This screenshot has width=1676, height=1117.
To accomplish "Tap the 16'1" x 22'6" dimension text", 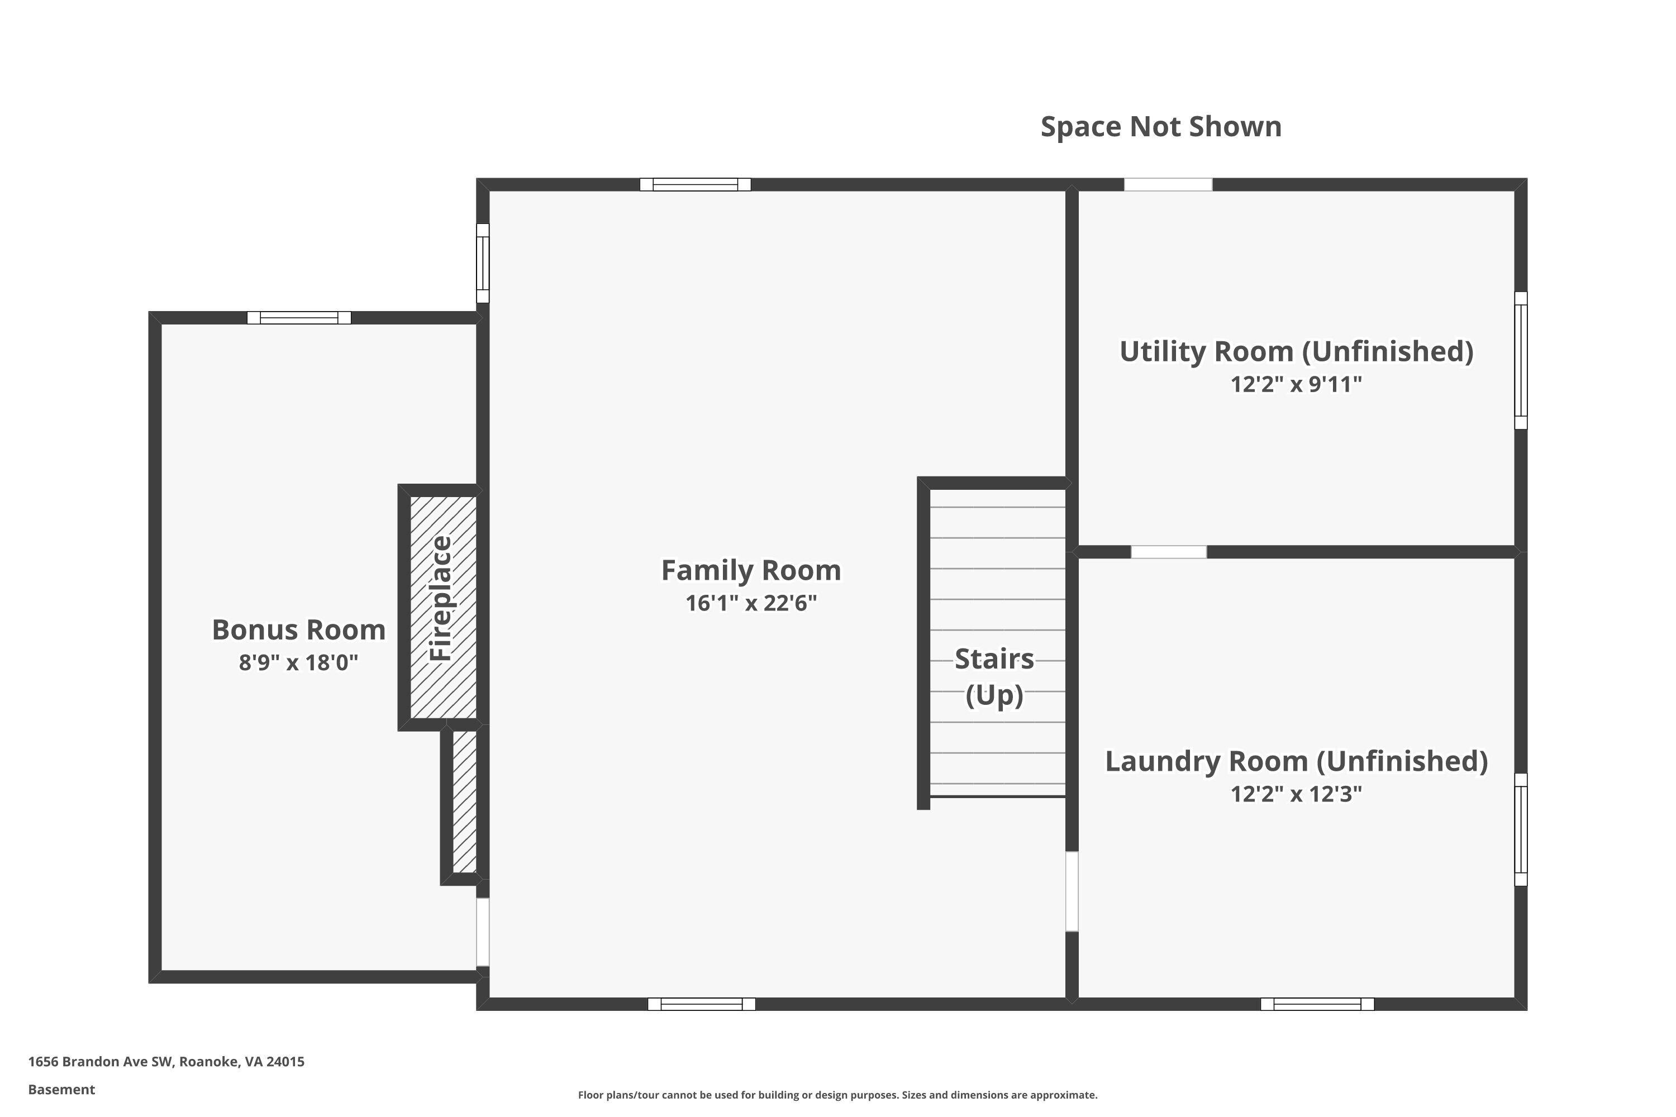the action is (751, 603).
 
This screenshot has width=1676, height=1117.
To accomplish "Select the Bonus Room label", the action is (298, 630).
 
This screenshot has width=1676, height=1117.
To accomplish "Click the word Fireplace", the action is (441, 598).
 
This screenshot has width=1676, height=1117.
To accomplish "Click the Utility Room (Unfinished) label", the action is (1296, 351).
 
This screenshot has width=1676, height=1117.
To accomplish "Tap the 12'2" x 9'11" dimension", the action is (1296, 385).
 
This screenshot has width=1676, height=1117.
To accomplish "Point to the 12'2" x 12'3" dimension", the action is (1296, 794).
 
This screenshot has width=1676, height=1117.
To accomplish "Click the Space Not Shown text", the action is (1161, 127).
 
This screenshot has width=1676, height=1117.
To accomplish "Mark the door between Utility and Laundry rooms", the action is (1169, 552).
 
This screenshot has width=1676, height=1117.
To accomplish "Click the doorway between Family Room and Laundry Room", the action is (1072, 891).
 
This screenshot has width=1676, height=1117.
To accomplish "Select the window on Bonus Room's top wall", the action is (299, 318).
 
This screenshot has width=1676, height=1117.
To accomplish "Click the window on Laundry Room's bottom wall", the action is (1317, 1004).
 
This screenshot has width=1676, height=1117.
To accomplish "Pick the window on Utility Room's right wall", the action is (1521, 360).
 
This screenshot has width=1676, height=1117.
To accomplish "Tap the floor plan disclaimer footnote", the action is (837, 1095).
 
